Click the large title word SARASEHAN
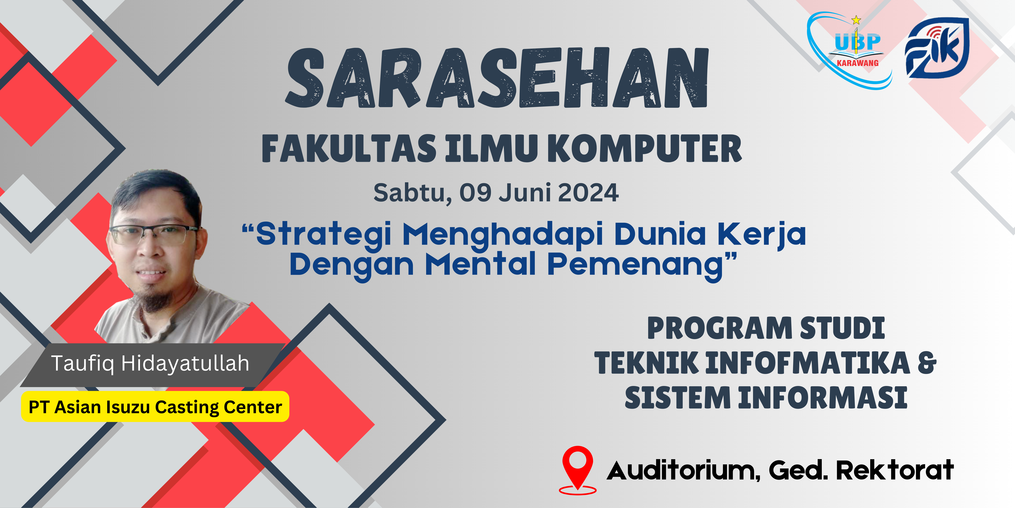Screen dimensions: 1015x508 point(497,78)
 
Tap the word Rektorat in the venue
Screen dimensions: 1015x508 point(894,470)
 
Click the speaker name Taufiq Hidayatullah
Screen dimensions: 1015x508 point(150,363)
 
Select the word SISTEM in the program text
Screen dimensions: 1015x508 point(678,398)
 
